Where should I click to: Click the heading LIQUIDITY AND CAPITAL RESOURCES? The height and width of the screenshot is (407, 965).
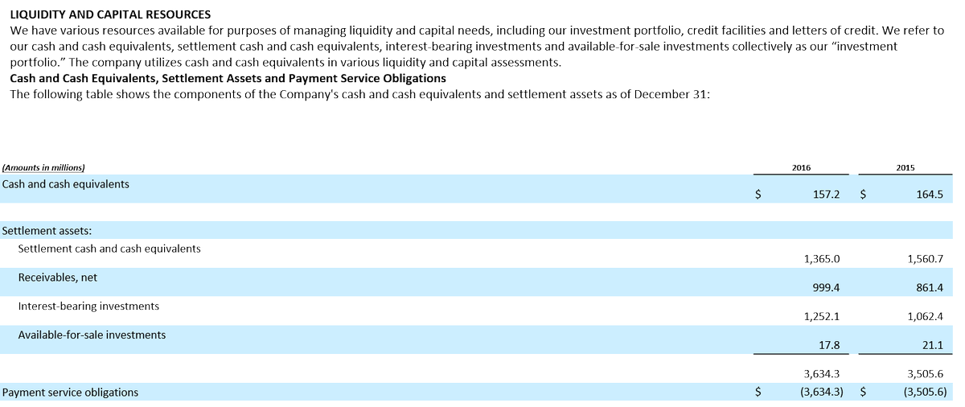(x=109, y=14)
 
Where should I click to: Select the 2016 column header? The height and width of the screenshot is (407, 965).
(x=801, y=167)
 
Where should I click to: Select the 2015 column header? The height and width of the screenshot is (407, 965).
(x=905, y=167)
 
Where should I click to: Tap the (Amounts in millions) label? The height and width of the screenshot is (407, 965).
(x=44, y=167)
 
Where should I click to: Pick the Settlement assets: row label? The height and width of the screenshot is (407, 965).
(x=47, y=231)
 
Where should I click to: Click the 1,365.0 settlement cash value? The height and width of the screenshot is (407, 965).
(x=822, y=259)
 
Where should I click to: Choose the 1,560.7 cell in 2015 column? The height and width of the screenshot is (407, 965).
(x=924, y=259)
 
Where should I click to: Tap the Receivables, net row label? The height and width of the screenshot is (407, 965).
(x=58, y=277)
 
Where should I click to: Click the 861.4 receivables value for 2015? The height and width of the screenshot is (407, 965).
(x=929, y=287)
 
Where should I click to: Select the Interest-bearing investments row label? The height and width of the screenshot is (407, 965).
(x=88, y=306)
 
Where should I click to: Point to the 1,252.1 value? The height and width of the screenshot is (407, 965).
(x=822, y=316)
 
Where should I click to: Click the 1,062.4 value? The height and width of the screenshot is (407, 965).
(x=924, y=316)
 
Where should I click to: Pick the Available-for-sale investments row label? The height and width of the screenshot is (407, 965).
(x=92, y=335)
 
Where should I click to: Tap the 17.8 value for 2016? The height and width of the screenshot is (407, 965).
(x=828, y=345)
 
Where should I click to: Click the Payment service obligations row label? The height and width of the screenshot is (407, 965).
(x=70, y=393)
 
